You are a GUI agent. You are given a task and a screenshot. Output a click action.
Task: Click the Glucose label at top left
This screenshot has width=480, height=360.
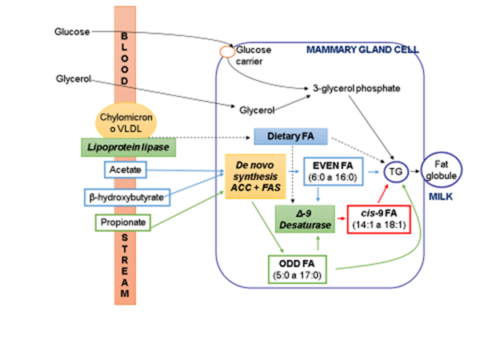[x=70, y=32]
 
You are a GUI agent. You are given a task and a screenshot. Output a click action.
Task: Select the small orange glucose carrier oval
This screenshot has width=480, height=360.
[x=226, y=51]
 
